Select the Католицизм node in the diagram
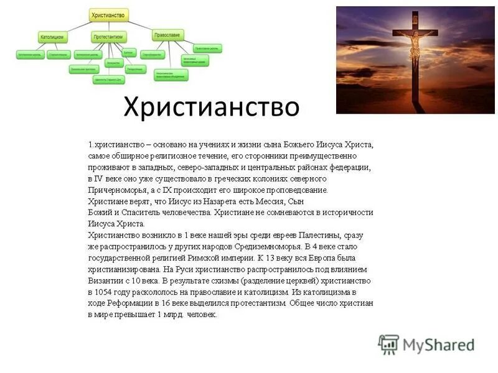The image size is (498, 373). pos(52,37)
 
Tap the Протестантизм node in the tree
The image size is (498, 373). pos(108,37)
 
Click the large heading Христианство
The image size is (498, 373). pos(211,106)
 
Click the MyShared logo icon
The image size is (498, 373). pos(388,344)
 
